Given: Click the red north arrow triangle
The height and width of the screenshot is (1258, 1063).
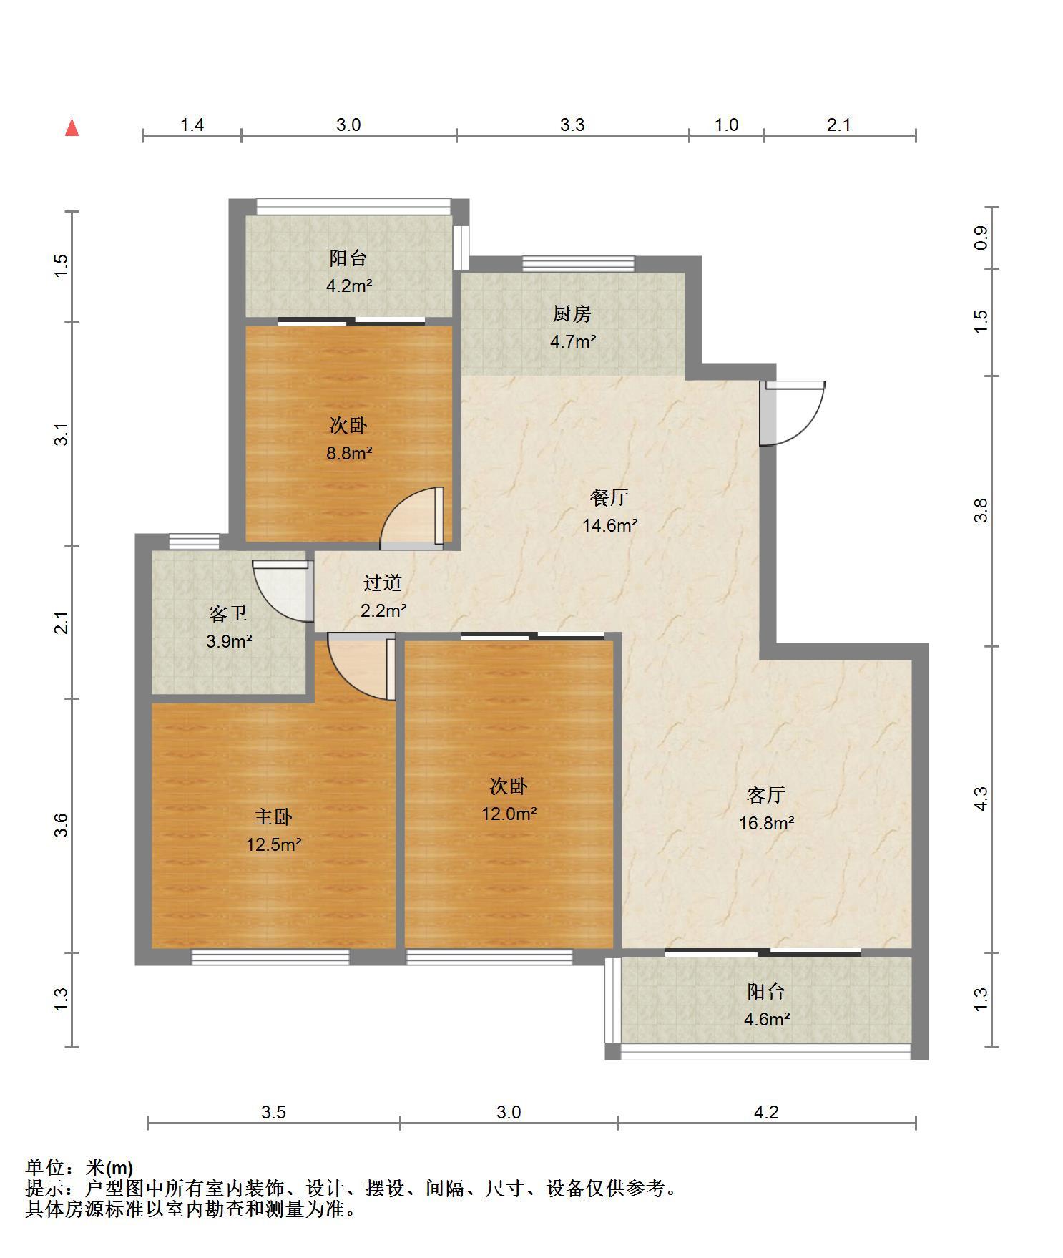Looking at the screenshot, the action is tap(72, 128).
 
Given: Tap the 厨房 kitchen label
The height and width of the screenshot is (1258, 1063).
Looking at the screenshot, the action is tap(572, 314).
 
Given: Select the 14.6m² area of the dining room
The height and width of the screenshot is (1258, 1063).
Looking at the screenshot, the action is tap(610, 525).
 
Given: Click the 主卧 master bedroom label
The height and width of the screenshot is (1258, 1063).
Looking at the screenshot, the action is tap(273, 817).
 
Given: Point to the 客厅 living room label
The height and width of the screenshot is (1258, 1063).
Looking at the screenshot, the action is tap(766, 795).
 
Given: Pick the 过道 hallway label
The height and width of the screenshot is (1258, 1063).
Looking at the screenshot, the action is tap(383, 583).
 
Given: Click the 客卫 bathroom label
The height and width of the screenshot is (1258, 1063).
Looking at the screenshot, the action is tap(228, 613).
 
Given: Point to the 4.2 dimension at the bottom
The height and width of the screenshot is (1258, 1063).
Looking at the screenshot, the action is tap(766, 1112).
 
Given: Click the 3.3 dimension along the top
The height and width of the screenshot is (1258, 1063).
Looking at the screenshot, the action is tap(572, 125).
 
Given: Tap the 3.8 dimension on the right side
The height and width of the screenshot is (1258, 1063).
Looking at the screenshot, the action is tap(981, 510).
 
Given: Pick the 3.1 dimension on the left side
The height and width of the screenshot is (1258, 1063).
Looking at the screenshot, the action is tap(62, 434).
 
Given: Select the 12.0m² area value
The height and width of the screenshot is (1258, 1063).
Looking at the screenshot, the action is tap(509, 814).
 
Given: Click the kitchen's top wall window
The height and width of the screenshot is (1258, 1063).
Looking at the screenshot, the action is tap(578, 263).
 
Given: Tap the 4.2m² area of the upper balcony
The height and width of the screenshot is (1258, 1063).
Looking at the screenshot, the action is tap(349, 286).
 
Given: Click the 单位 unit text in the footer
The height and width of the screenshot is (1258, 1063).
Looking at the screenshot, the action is tap(46, 1168).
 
